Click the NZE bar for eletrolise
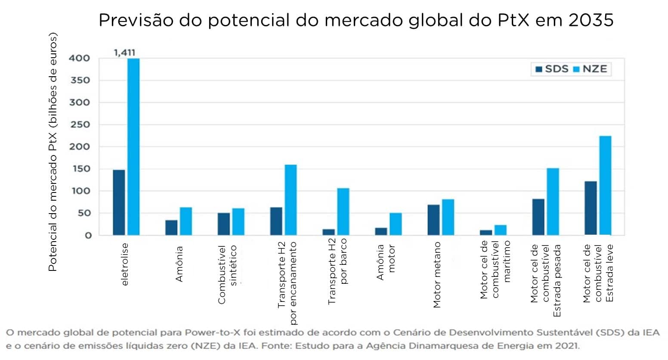[133, 146]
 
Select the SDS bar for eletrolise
[119, 202]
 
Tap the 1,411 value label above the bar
[124, 53]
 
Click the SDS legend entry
[552, 69]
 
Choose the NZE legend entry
[591, 69]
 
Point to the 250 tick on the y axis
[80, 124]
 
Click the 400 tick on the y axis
[80, 58]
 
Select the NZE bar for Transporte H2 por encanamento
[291, 200]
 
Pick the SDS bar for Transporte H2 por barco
[328, 232]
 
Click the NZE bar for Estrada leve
[605, 185]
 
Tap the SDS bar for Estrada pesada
[538, 217]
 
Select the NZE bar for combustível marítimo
[501, 230]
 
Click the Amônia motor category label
[386, 262]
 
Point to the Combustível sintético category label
[227, 274]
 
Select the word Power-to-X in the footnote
[206, 332]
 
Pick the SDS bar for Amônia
[171, 227]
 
